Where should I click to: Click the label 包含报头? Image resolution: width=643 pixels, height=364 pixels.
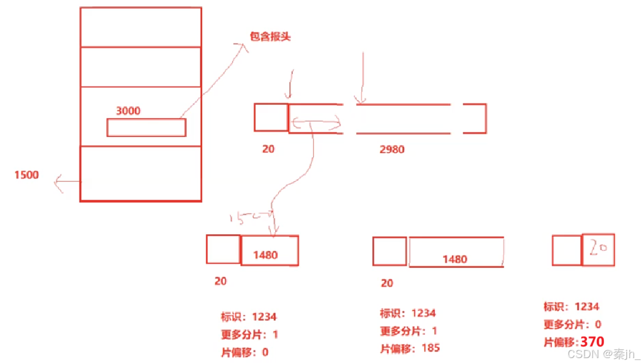(271, 37)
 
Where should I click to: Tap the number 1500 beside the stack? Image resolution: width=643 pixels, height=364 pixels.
(27, 175)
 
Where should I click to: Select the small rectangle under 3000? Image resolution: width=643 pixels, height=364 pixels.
(146, 128)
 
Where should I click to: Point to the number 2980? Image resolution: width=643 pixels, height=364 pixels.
(392, 149)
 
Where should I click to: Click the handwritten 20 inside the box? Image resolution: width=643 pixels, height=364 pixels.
(598, 249)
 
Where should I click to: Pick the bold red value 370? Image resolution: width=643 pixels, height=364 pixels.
(592, 342)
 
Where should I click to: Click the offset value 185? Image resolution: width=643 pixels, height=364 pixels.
(430, 348)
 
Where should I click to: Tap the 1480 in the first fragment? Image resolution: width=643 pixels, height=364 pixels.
(265, 255)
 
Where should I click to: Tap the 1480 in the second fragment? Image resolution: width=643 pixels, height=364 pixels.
(455, 259)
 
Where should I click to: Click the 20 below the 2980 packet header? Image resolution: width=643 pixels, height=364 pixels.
(268, 149)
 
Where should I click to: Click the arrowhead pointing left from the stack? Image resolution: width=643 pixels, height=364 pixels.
(57, 183)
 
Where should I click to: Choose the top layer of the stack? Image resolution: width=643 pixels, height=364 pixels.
(141, 27)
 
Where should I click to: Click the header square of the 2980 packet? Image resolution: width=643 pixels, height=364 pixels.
(271, 118)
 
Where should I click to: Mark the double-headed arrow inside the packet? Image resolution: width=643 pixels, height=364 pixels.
(316, 124)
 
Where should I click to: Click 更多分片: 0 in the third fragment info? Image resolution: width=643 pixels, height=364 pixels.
(572, 324)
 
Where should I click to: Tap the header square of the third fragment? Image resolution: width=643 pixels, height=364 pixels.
(567, 250)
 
